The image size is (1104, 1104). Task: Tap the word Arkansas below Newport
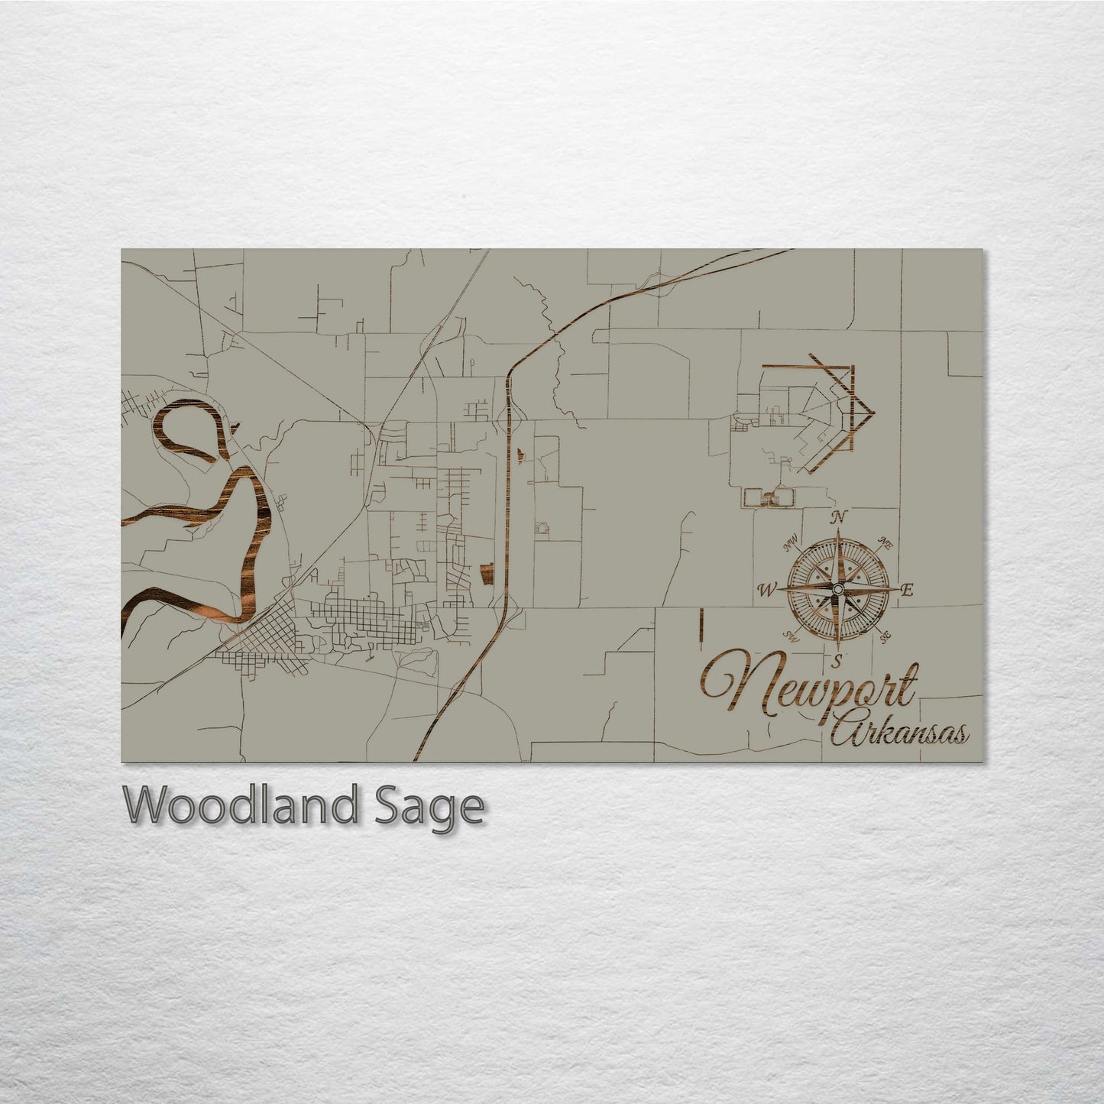click(900, 733)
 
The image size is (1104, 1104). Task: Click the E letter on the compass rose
click(908, 590)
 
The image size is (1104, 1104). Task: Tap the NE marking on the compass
click(885, 544)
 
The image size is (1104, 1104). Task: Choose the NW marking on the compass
click(791, 545)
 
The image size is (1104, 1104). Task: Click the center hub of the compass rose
click(838, 588)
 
